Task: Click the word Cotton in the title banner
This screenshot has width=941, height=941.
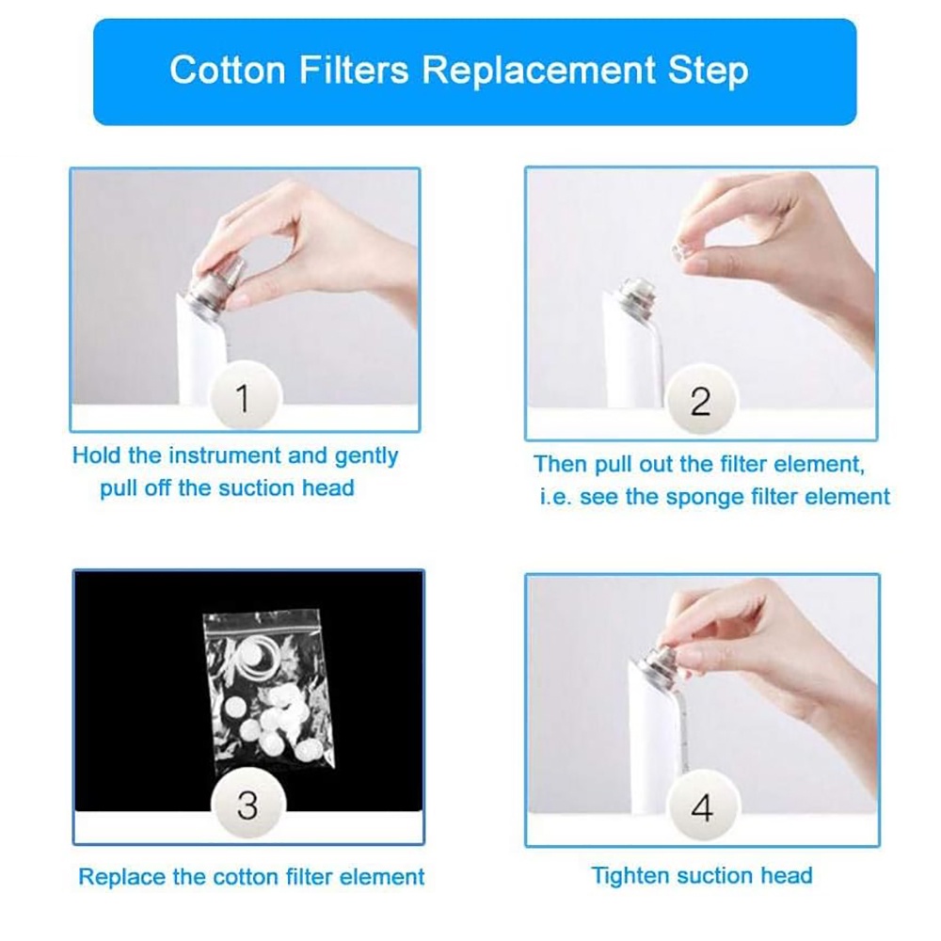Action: (x=228, y=70)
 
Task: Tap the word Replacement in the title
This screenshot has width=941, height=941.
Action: (x=538, y=70)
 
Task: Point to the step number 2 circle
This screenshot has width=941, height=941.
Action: (x=700, y=400)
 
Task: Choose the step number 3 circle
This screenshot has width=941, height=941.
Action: (x=247, y=805)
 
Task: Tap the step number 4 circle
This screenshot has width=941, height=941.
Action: (x=703, y=806)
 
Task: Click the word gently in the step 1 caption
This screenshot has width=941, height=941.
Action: (x=366, y=457)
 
